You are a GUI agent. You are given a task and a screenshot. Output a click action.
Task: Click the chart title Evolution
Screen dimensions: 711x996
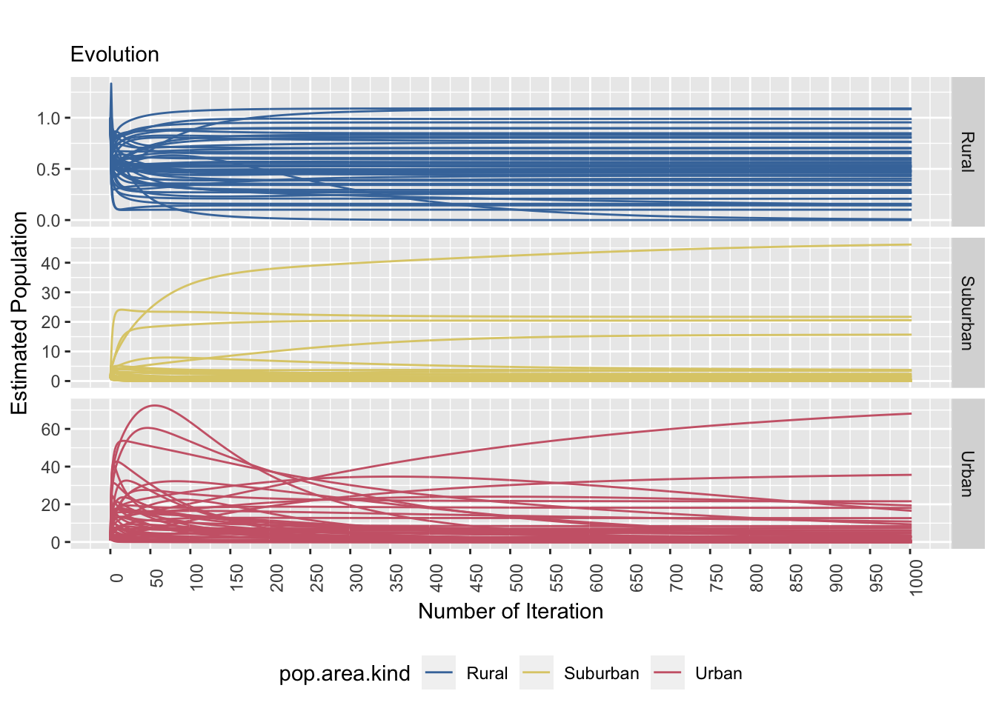click(x=114, y=55)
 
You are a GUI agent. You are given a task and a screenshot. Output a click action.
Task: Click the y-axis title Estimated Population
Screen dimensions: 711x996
click(x=20, y=313)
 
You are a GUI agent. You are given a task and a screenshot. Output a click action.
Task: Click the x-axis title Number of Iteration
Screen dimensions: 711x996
click(x=511, y=611)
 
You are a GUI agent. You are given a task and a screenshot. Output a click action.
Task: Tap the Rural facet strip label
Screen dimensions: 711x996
click(x=967, y=151)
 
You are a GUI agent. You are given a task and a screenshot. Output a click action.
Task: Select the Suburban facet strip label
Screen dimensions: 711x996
click(x=967, y=313)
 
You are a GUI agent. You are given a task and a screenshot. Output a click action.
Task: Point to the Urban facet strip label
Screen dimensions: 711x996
click(x=967, y=473)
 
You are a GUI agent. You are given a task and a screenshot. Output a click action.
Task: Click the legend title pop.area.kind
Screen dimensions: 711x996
click(x=344, y=673)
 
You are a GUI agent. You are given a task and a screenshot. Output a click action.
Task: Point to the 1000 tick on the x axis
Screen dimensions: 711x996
click(x=916, y=578)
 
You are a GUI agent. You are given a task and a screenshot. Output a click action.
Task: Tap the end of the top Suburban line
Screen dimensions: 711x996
click(x=910, y=244)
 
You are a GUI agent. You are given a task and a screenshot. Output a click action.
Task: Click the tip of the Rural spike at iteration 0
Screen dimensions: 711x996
click(x=111, y=84)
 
